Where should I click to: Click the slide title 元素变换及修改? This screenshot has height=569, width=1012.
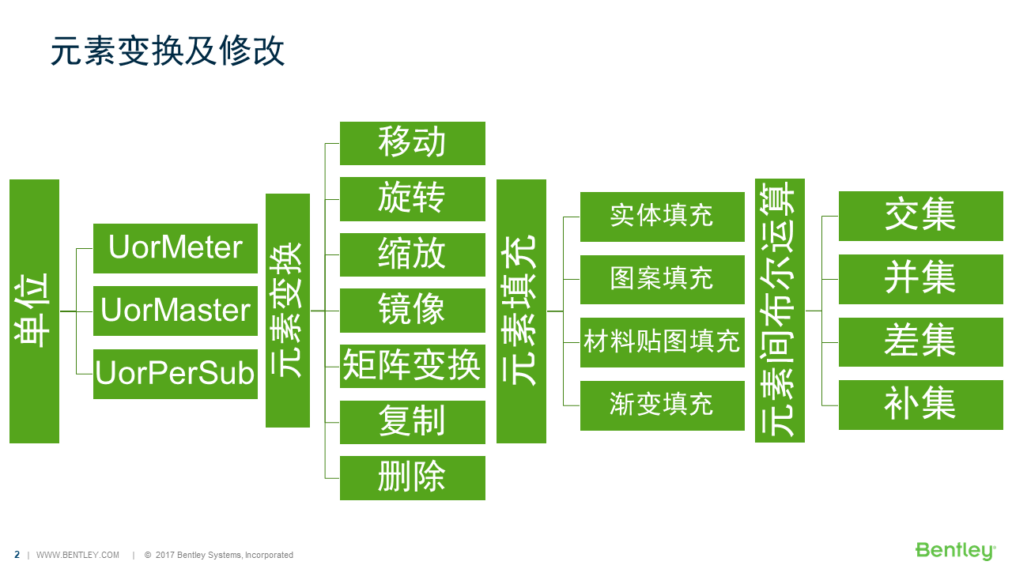168,51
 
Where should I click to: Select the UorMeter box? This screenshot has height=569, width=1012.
176,248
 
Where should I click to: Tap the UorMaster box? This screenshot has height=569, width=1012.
176,311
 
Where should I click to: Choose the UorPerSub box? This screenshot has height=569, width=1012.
176,374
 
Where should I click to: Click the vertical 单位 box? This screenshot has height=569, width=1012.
34,311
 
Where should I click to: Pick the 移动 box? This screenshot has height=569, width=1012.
413,143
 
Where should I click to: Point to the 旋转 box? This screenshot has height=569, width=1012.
413,199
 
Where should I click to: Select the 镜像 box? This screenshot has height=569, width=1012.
413,311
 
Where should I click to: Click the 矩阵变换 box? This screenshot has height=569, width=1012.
413,366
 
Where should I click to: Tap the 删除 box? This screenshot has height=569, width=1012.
413,478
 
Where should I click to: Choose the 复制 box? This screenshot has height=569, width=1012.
413,422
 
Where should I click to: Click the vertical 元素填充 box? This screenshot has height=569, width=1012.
521,311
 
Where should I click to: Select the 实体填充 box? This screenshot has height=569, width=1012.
663,217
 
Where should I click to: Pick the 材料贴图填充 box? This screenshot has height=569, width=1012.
663,343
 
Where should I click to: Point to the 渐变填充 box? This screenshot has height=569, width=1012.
663,405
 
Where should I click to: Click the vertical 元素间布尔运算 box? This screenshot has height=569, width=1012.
780,311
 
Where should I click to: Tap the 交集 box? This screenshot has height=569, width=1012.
921,216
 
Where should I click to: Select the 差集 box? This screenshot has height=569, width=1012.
921,342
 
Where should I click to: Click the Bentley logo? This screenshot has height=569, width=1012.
956,551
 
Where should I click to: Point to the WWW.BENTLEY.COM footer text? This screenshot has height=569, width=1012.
77,555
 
